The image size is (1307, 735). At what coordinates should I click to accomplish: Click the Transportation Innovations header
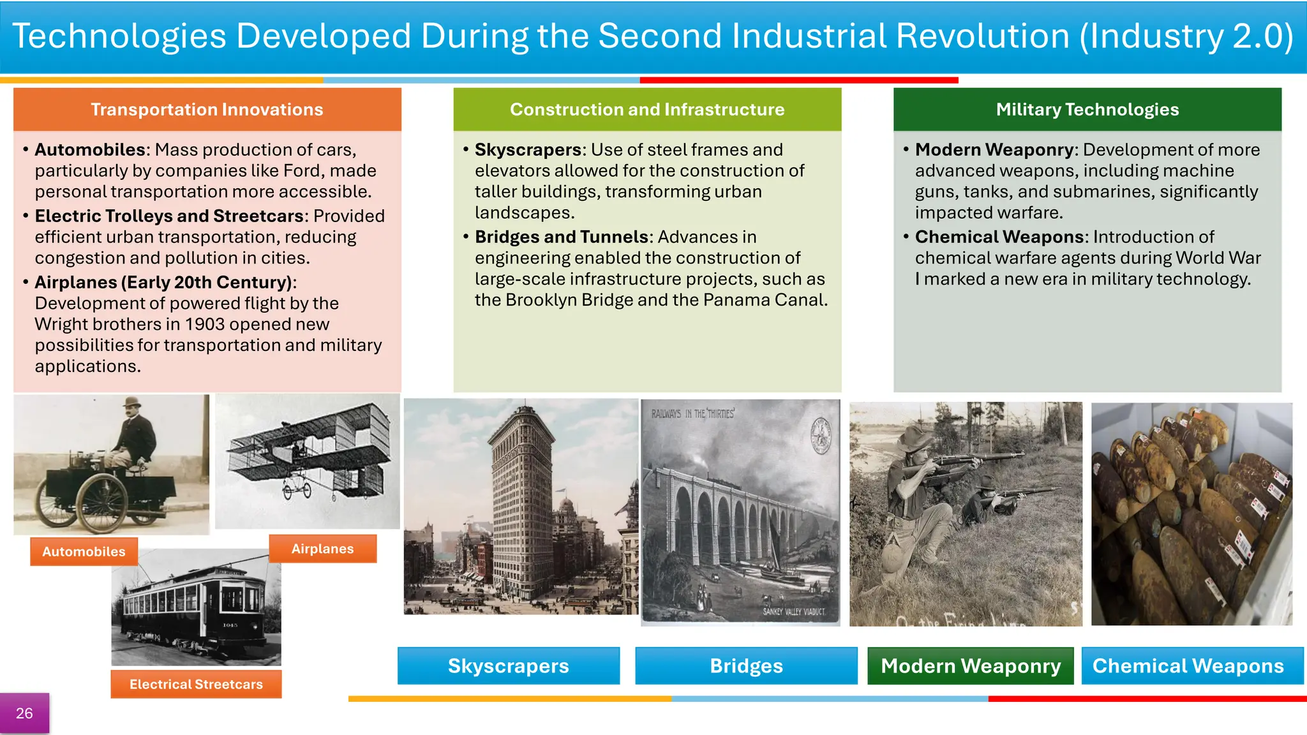point(207,110)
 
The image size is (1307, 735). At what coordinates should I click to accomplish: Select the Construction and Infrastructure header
point(646,110)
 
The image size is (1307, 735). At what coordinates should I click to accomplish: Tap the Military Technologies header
point(1087,110)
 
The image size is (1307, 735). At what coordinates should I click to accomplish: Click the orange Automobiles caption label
point(84,552)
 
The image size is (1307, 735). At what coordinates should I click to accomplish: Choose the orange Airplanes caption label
point(322,549)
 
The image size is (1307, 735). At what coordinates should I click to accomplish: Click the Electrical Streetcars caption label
point(196,684)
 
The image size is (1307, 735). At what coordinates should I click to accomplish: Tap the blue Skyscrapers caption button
point(508,666)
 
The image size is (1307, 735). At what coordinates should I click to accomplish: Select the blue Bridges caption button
point(746,666)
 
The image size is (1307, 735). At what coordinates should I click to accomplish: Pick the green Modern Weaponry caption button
point(970,666)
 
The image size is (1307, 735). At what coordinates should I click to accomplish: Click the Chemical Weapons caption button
point(1188,666)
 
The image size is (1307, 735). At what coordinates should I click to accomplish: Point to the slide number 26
point(24,713)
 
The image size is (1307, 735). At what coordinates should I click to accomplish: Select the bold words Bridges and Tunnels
point(561,237)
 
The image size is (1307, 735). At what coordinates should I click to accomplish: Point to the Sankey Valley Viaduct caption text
point(793,611)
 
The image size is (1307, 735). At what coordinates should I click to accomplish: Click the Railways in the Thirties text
point(692,414)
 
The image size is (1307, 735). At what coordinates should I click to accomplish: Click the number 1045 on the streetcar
point(230,625)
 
